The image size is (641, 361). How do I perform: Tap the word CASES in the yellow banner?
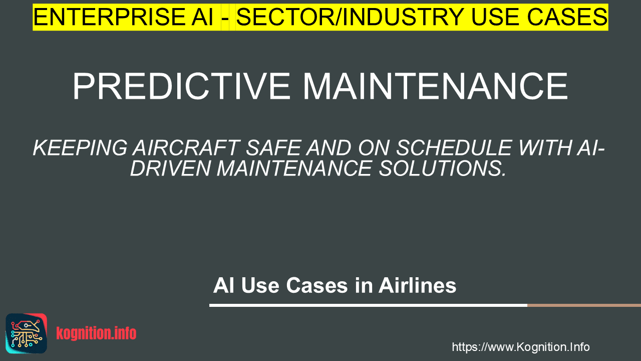567,17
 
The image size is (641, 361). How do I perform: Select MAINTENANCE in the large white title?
435,86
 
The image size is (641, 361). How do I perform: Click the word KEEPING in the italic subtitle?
80,148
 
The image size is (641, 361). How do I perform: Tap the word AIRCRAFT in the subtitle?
186,148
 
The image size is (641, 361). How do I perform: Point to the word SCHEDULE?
454,148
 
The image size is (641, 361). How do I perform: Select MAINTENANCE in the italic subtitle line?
294,168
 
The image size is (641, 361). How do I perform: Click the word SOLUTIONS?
442,168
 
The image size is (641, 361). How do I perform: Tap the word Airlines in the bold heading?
417,285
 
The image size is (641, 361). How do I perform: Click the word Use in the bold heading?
260,285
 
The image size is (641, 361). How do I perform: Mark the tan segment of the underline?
584,305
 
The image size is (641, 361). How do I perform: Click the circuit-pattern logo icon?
27,333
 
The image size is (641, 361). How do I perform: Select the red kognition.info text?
96,333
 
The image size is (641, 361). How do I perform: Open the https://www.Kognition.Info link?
521,347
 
